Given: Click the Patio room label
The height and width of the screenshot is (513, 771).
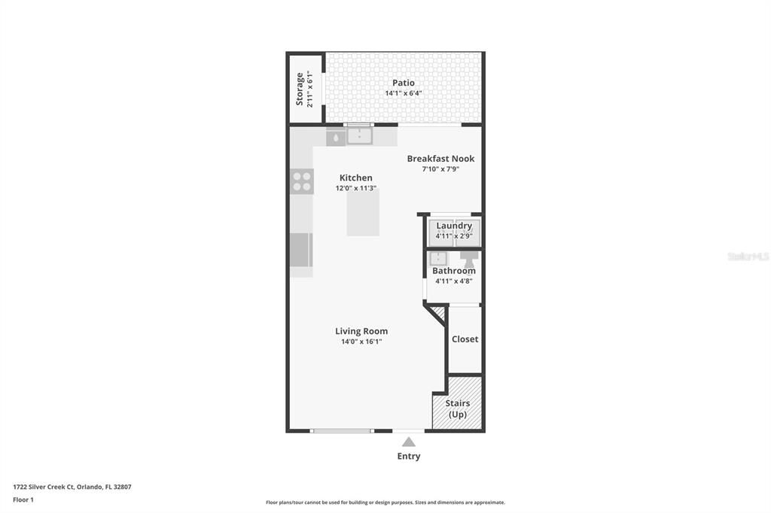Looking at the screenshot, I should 403,83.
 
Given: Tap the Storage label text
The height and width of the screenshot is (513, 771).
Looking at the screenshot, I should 300,89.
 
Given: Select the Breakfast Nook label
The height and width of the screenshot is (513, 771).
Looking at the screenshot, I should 440,159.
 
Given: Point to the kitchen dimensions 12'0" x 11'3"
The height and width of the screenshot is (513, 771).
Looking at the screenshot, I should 355,189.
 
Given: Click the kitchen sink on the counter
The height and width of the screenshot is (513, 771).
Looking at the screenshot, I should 360,135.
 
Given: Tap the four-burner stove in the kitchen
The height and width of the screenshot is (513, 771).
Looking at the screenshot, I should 302,181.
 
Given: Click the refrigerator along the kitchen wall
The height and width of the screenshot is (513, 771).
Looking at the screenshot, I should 301,250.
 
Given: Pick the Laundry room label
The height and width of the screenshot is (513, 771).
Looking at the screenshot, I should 454,226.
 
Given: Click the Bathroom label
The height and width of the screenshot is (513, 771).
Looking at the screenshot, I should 454,271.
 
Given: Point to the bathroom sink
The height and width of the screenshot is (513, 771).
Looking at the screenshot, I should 437,259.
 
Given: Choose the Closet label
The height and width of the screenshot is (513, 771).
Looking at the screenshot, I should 465,339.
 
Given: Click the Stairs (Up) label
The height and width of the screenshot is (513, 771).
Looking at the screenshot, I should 457,409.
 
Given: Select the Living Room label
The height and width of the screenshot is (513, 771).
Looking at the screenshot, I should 361,331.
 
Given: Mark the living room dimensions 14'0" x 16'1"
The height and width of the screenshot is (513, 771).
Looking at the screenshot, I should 361,342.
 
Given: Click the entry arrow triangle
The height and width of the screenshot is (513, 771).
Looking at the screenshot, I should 408,442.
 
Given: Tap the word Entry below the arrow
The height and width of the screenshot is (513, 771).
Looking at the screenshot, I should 408,457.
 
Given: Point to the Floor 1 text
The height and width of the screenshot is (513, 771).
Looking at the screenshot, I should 23,499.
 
